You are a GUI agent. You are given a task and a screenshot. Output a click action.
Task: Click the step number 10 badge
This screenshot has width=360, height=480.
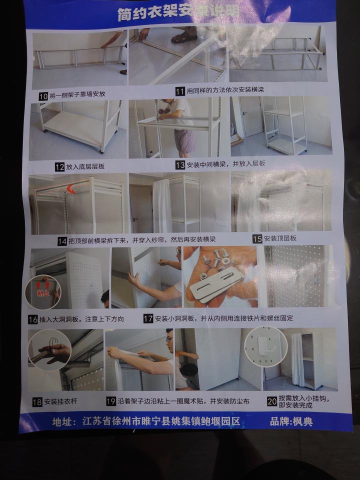(43, 94)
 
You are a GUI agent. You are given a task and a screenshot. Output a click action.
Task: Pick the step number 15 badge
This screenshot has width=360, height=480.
(257, 239)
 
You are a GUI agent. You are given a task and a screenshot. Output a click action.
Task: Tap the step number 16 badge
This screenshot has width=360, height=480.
(33, 319)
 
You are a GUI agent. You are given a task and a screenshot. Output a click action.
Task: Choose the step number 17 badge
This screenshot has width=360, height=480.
(148, 318)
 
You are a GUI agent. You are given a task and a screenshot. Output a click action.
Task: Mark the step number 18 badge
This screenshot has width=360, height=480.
(37, 401)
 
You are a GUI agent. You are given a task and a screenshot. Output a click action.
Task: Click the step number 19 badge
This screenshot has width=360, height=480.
(111, 401)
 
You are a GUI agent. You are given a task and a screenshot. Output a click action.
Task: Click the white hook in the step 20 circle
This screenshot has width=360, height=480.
(265, 345)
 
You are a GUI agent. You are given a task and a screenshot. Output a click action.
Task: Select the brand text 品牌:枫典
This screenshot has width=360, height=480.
(291, 421)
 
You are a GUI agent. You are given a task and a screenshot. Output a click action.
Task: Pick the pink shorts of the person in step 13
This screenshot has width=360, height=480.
(184, 140)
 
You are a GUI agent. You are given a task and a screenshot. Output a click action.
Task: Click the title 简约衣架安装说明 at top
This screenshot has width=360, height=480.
(177, 12)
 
